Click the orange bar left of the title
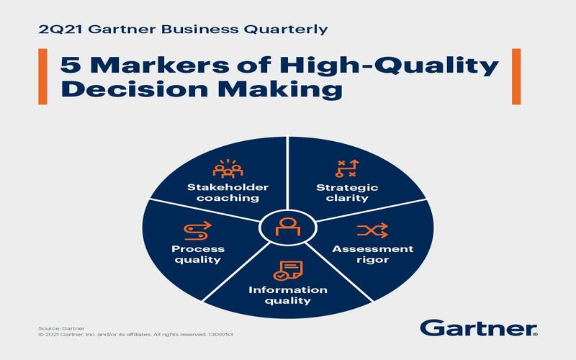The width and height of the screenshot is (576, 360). coord(42,76)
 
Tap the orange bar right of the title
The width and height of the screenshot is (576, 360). coord(516,76)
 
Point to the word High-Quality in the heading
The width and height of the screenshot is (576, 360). coord(389,67)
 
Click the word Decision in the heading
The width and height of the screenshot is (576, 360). coord(135,89)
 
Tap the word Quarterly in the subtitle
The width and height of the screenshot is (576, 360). coord(285,30)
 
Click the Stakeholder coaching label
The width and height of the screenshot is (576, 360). coord(228,192)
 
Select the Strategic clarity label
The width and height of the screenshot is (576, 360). coord(347,193)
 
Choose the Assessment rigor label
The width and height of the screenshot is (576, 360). coord(373,254)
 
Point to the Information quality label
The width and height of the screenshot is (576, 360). coord(288,295)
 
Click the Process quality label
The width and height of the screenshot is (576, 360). coord(198,254)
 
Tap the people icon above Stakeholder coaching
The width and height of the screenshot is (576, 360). coord(228,168)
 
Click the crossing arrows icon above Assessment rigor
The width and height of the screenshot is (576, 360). coord(372,230)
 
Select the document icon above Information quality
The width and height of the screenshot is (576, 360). coord(287,271)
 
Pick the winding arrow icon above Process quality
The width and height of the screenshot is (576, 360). coord(197,230)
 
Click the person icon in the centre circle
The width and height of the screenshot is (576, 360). coord(288,227)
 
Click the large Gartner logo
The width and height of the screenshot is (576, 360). coord(479,328)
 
